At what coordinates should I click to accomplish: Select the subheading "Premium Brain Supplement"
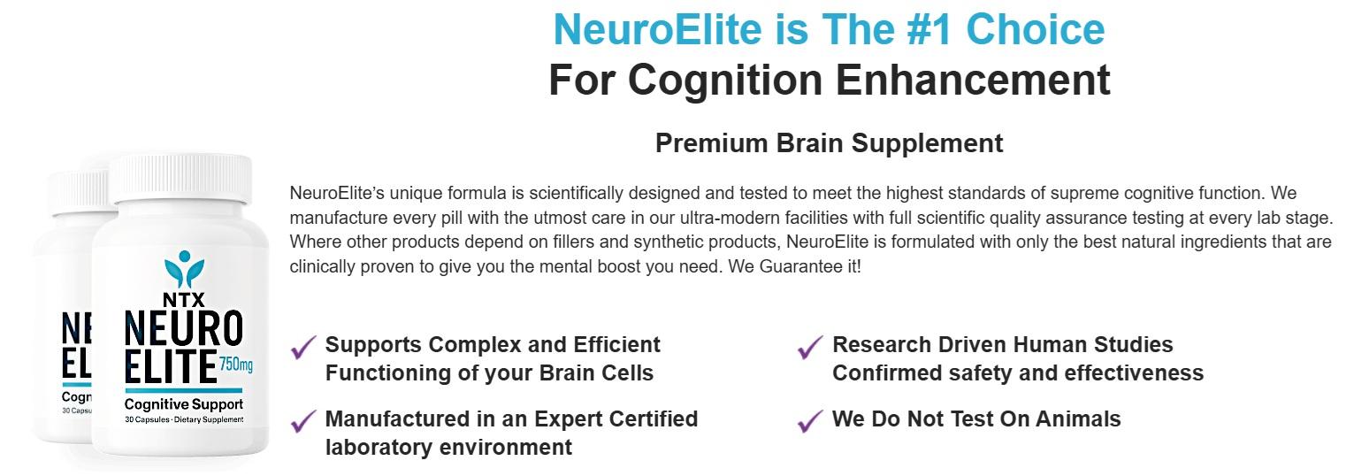click(829, 143)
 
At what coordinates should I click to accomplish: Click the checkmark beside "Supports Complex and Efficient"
click(303, 347)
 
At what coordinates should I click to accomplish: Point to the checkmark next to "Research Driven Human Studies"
click(810, 347)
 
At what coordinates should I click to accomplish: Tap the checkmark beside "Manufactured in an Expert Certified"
click(303, 421)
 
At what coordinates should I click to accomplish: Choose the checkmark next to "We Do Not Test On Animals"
click(810, 421)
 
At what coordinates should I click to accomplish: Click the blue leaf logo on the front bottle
click(184, 269)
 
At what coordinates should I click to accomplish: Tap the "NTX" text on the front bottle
click(184, 299)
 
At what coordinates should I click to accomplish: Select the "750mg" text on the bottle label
click(236, 365)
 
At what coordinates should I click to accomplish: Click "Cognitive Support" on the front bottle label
click(184, 404)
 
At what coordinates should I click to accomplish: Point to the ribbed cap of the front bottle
click(180, 179)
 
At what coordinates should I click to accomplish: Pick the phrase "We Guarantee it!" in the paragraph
click(794, 266)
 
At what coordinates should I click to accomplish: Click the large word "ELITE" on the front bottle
click(171, 366)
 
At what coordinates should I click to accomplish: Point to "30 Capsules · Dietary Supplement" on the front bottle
click(184, 419)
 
